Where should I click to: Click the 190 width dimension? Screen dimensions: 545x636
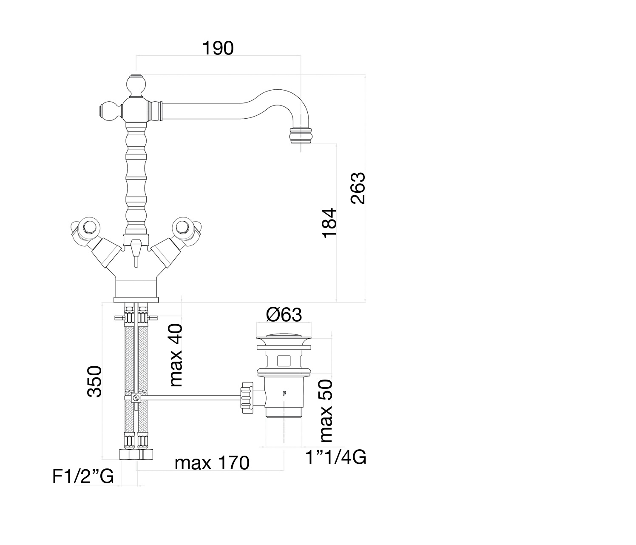click(218, 49)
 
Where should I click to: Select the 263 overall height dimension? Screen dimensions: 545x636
click(358, 188)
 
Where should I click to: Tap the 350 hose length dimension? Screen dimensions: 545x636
click(95, 381)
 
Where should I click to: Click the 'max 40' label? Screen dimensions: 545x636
click(175, 355)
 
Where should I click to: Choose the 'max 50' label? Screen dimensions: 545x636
click(326, 411)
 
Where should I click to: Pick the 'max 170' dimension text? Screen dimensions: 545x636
click(212, 463)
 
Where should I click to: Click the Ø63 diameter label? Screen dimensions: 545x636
click(284, 315)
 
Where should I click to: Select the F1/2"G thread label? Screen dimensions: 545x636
click(83, 477)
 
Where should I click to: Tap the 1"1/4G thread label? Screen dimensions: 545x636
click(336, 458)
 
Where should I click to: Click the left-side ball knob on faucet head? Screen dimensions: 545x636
click(109, 111)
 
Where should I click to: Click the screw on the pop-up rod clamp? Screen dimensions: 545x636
click(136, 398)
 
